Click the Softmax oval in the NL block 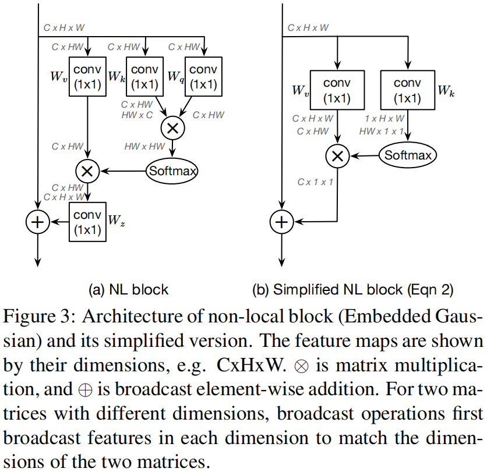pyautogui.click(x=173, y=170)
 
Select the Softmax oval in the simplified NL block pyautogui.click(x=408, y=155)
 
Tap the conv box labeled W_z pyautogui.click(x=87, y=222)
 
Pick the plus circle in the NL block pyautogui.click(x=38, y=222)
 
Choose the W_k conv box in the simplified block pyautogui.click(x=408, y=90)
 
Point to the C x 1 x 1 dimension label pyautogui.click(x=315, y=182)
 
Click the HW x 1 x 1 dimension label pyautogui.click(x=381, y=131)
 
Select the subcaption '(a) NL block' pyautogui.click(x=128, y=289)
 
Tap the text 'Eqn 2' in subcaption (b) pyautogui.click(x=433, y=289)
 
